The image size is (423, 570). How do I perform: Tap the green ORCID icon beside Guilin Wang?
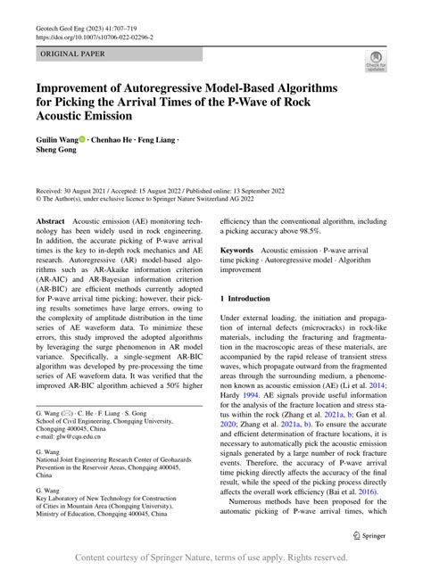(x=83, y=139)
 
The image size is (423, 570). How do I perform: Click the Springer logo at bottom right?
(x=368, y=535)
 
